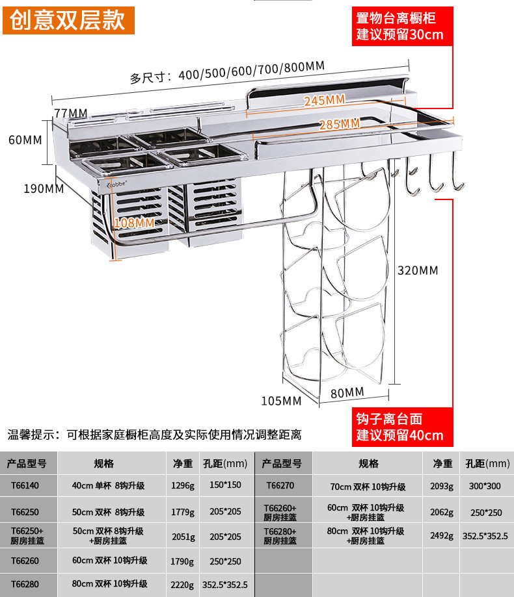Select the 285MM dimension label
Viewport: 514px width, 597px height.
point(339,123)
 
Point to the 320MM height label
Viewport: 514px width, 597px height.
point(417,270)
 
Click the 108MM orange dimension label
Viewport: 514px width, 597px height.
point(134,223)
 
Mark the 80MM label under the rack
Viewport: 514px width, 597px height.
point(347,392)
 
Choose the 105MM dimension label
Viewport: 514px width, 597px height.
point(281,401)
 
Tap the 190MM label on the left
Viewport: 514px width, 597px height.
point(44,188)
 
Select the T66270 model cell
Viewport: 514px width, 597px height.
point(280,485)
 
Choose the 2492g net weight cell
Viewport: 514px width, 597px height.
point(442,536)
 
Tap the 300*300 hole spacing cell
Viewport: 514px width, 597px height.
point(486,485)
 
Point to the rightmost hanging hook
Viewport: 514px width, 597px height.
point(458,179)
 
